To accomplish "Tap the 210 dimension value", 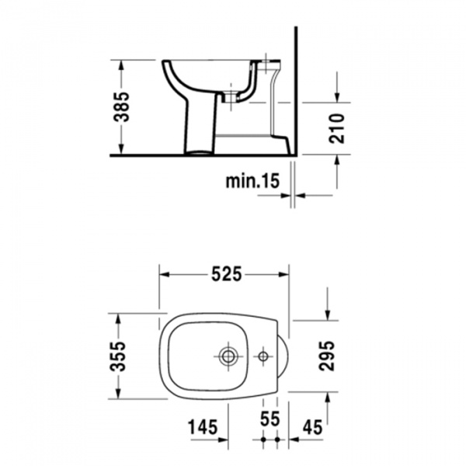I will pos(336,127).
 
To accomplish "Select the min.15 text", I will pos(252,181).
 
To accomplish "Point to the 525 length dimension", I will pos(225,273).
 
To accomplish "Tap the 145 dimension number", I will pos(202,426).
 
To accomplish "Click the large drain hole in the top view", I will pos(228,356).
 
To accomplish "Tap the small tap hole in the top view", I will pos(264,356).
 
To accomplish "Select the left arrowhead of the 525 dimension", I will pos(164,273).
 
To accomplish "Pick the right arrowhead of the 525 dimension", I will pos(285,273).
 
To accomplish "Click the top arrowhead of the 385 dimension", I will pos(122,63).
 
